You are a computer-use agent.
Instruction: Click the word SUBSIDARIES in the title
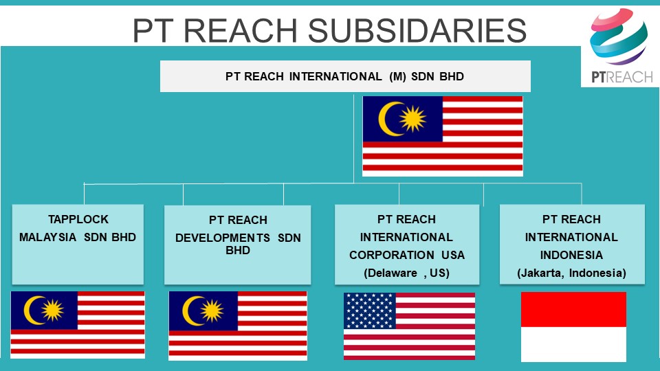pyautogui.click(x=417, y=30)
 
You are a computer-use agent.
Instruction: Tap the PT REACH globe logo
pyautogui.click(x=618, y=37)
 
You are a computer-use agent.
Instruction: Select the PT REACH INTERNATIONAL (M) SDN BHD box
pyautogui.click(x=345, y=76)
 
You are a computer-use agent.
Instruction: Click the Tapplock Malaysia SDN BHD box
pyautogui.click(x=78, y=245)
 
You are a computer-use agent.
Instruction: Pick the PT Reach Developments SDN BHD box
pyautogui.click(x=237, y=245)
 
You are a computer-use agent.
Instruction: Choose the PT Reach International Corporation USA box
pyautogui.click(x=407, y=245)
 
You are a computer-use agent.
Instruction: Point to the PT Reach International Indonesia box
pyautogui.click(x=572, y=245)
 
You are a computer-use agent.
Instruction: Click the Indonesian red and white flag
pyautogui.click(x=573, y=327)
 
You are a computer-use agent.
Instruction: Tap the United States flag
pyautogui.click(x=410, y=326)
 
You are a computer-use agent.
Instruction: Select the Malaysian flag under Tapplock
pyautogui.click(x=78, y=325)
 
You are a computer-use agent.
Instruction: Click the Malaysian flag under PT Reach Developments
pyautogui.click(x=238, y=326)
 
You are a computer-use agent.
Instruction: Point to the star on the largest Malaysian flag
pyautogui.click(x=412, y=119)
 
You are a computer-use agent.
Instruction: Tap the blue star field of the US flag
pyautogui.click(x=370, y=311)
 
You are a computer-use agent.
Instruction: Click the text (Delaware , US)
pyautogui.click(x=406, y=273)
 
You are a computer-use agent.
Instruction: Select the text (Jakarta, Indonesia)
pyautogui.click(x=571, y=273)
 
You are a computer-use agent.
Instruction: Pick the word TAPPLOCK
pyautogui.click(x=78, y=219)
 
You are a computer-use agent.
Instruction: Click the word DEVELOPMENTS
pyautogui.click(x=223, y=238)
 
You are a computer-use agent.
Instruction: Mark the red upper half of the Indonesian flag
pyautogui.click(x=573, y=310)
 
